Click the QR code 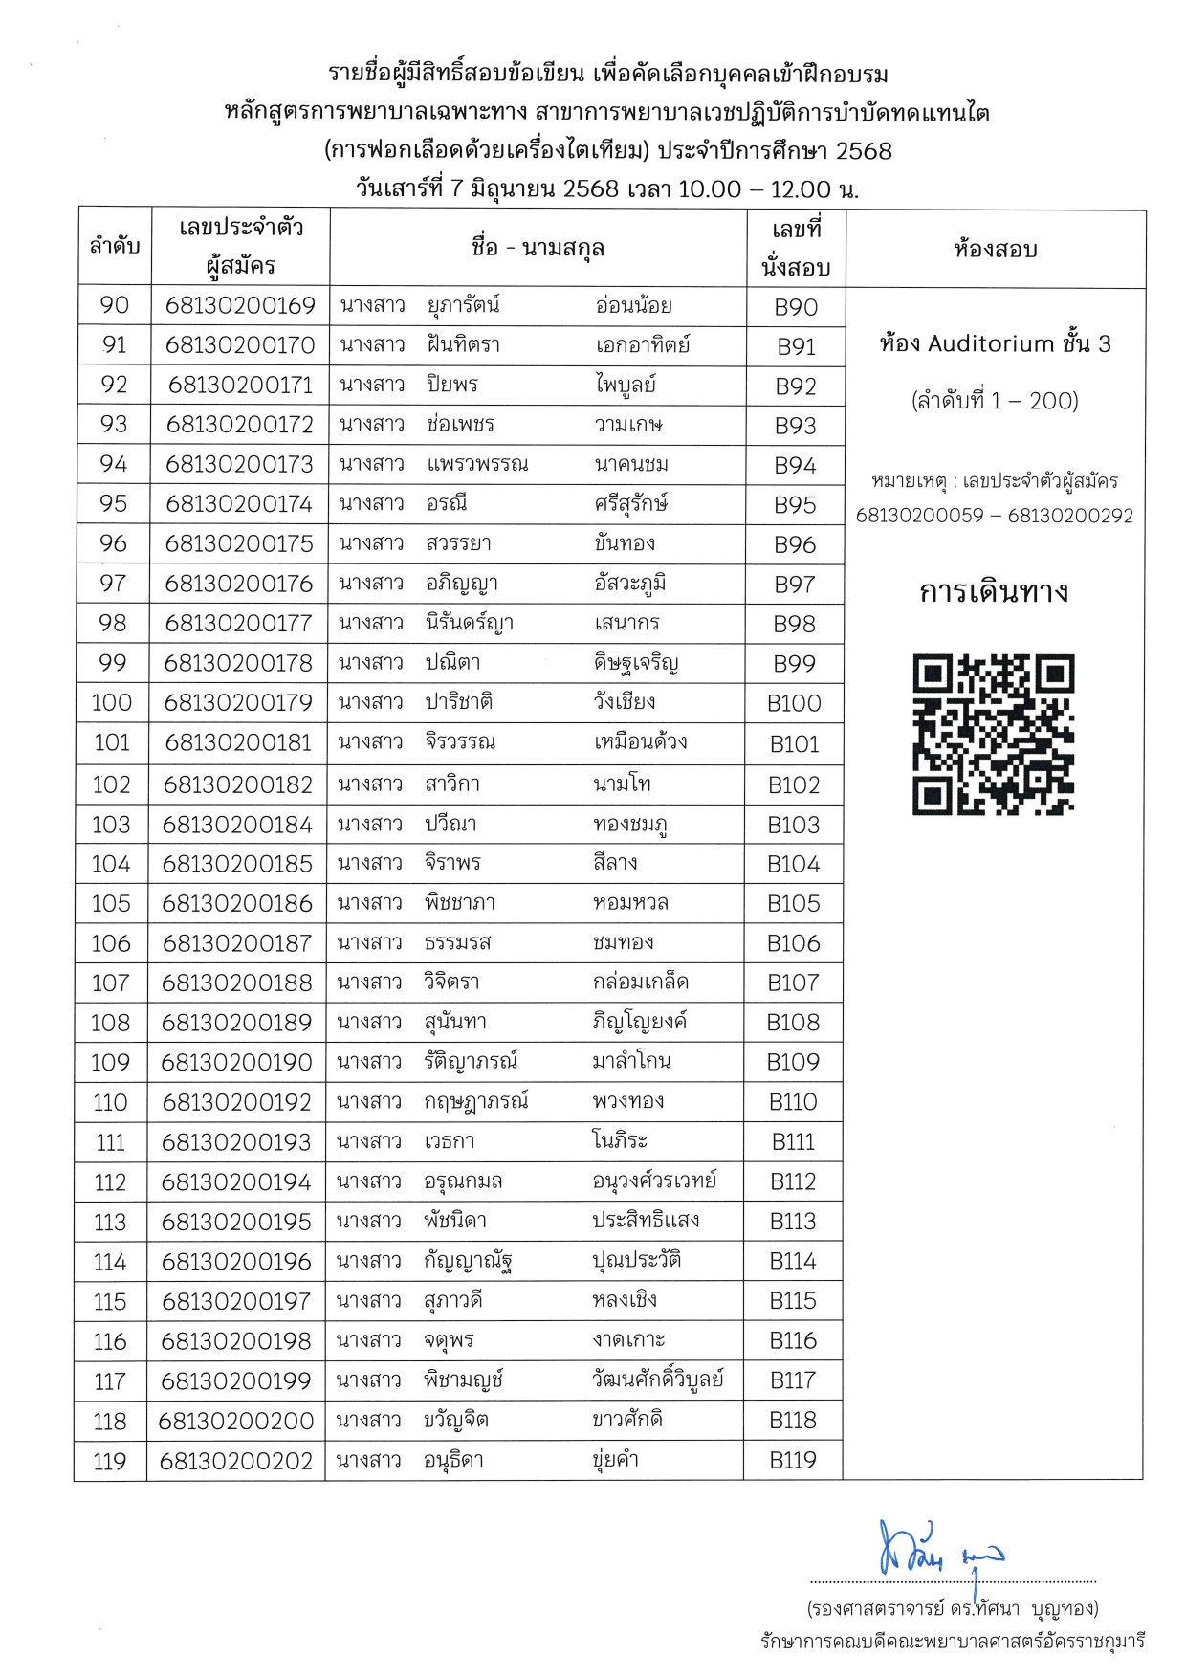click(x=994, y=734)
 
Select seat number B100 click(x=794, y=703)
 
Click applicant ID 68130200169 click(x=240, y=305)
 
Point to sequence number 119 click(x=110, y=1461)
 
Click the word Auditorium click(x=991, y=343)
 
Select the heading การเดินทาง click(x=994, y=592)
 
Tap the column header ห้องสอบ click(x=995, y=250)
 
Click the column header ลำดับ click(x=115, y=247)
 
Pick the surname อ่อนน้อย click(x=633, y=305)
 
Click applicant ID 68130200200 click(x=236, y=1421)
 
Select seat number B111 click(x=793, y=1141)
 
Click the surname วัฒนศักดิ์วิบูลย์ click(x=658, y=1380)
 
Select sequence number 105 click(x=111, y=903)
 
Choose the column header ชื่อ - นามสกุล click(x=538, y=248)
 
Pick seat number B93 click(x=795, y=425)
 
